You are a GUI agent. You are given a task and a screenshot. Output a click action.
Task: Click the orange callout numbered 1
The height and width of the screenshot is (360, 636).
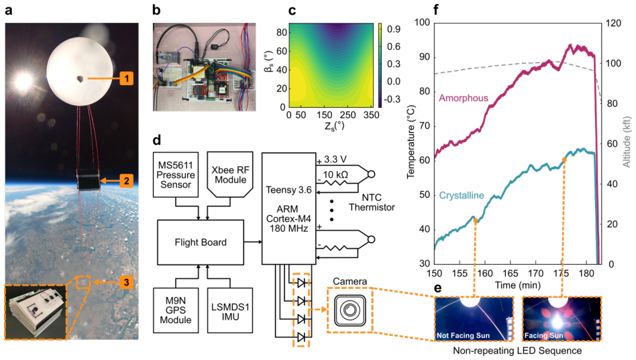(x=127, y=78)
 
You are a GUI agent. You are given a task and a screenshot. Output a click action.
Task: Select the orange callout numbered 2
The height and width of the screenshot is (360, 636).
(x=127, y=180)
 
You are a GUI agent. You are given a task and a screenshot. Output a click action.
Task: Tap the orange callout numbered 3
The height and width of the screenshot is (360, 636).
(x=127, y=282)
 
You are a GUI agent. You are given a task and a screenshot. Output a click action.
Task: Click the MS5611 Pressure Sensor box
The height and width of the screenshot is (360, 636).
(x=176, y=175)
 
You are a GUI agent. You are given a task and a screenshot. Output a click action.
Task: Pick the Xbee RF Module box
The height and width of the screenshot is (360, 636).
(x=230, y=175)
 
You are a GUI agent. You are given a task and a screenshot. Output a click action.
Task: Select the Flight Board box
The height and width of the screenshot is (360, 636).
(x=201, y=243)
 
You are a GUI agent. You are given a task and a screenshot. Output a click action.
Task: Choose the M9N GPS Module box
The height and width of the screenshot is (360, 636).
(x=176, y=310)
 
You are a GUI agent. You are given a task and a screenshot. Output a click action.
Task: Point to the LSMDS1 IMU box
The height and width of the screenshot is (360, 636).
(x=230, y=310)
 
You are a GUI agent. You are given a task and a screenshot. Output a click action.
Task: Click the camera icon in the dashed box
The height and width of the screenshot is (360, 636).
(x=350, y=310)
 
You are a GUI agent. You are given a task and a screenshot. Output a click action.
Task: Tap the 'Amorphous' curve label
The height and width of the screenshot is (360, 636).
(x=463, y=98)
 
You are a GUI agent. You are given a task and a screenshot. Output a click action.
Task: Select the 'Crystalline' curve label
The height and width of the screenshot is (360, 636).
(x=462, y=195)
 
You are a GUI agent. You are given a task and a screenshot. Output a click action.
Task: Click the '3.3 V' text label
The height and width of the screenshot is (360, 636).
(x=335, y=160)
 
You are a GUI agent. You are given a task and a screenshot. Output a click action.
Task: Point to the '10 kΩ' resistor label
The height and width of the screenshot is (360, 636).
(x=335, y=175)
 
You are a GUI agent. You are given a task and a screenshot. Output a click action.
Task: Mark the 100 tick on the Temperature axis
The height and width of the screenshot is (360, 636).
(x=422, y=22)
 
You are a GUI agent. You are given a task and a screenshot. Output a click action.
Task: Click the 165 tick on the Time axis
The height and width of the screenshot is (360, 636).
(x=511, y=274)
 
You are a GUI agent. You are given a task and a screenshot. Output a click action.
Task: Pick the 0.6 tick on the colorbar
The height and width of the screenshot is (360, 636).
(x=393, y=47)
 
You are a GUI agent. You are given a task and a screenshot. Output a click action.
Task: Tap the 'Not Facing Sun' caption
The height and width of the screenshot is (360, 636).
(x=463, y=335)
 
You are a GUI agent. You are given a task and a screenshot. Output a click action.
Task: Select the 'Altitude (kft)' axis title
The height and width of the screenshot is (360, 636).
(x=627, y=142)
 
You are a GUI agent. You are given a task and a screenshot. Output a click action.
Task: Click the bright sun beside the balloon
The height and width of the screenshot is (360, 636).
(x=23, y=82)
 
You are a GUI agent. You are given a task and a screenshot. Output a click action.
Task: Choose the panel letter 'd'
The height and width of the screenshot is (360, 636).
(x=156, y=140)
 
